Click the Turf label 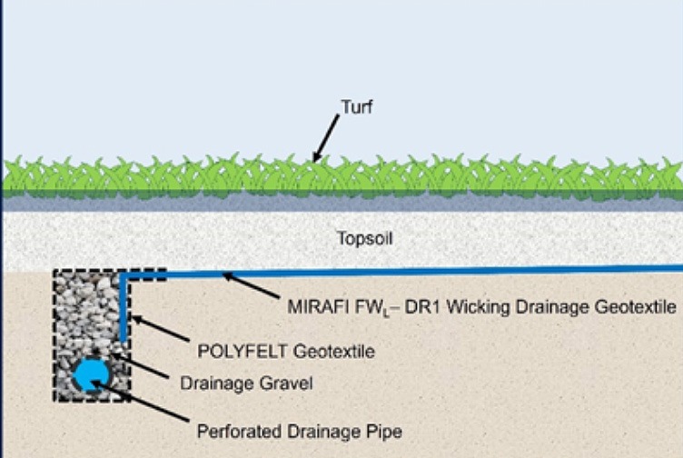(357, 106)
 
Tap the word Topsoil (365, 238)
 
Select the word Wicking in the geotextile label (479, 307)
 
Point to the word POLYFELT (243, 351)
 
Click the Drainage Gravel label (246, 383)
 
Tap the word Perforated (239, 432)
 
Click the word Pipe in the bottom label (384, 432)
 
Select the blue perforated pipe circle (91, 374)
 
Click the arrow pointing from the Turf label (326, 138)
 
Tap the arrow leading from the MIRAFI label (251, 285)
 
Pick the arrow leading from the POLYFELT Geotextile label (160, 328)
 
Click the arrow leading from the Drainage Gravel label (140, 365)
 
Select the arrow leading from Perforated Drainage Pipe (140, 401)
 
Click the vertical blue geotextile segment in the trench (124, 309)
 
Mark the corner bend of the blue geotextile (124, 274)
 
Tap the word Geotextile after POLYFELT (333, 351)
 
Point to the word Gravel (286, 383)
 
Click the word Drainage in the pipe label (323, 432)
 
